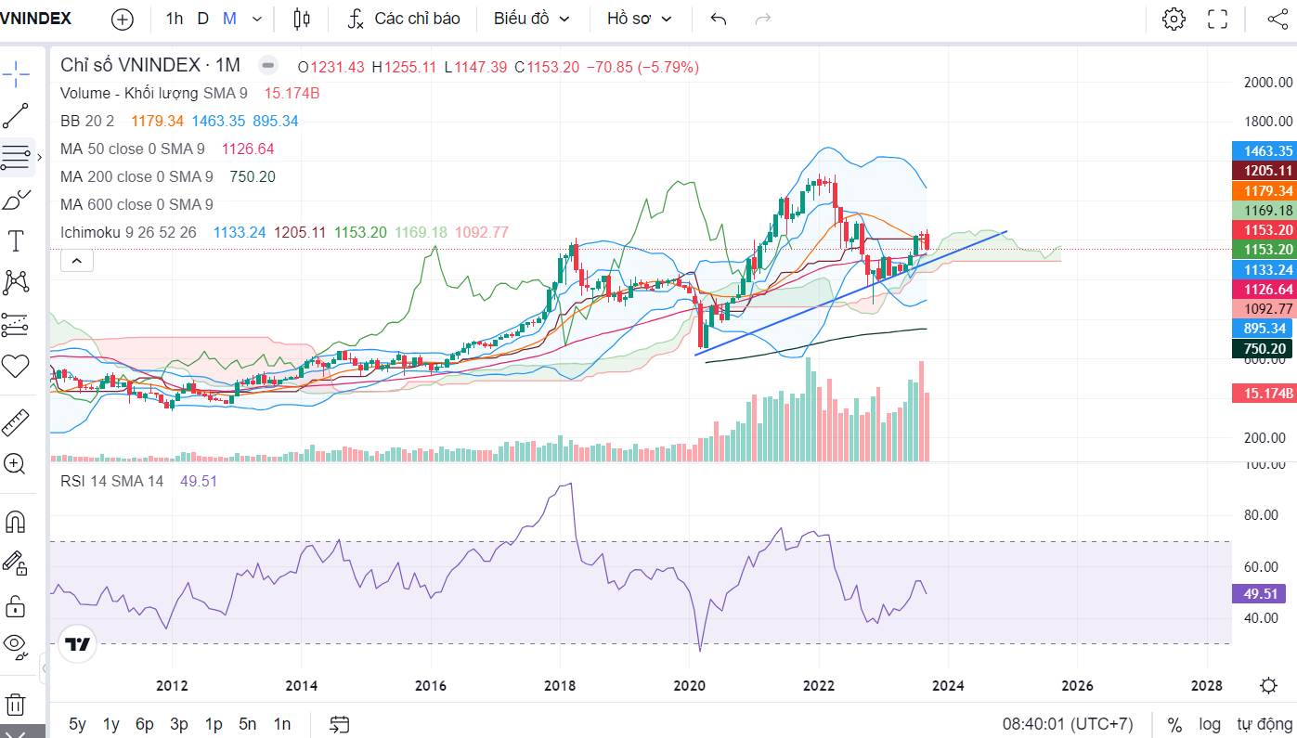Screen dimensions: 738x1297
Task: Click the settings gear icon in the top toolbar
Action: pyautogui.click(x=1174, y=19)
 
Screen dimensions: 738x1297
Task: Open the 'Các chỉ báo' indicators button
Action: pyautogui.click(x=404, y=19)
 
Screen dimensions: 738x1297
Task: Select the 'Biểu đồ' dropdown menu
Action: pyautogui.click(x=531, y=19)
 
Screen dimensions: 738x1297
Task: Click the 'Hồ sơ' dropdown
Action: pyautogui.click(x=639, y=19)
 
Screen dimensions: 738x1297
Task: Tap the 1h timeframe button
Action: pyautogui.click(x=175, y=19)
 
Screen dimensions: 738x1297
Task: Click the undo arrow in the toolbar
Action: pyautogui.click(x=718, y=19)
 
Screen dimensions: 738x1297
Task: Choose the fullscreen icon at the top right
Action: pyautogui.click(x=1217, y=19)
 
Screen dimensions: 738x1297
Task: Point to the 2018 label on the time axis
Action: pyautogui.click(x=560, y=686)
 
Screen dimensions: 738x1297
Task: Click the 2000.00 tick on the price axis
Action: pyautogui.click(x=1267, y=83)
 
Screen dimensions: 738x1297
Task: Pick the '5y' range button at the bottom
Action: pyautogui.click(x=77, y=724)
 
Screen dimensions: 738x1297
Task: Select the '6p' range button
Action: pyautogui.click(x=144, y=724)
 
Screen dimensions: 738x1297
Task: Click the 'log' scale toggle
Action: pyautogui.click(x=1209, y=724)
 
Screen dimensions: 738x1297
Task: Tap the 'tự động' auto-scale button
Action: pyautogui.click(x=1264, y=724)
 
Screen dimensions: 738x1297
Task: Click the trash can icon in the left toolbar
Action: pyautogui.click(x=15, y=705)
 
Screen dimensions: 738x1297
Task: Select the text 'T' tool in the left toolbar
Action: pyautogui.click(x=16, y=241)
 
